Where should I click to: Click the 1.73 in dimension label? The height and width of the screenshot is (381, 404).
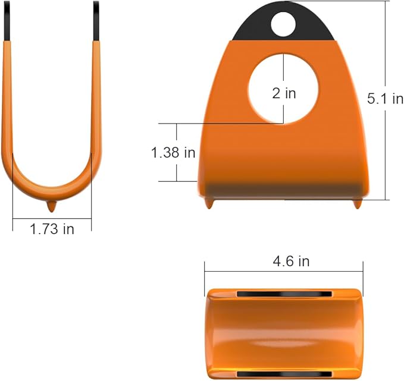pyautogui.click(x=52, y=229)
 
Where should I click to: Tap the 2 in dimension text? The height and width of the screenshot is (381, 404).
pyautogui.click(x=284, y=93)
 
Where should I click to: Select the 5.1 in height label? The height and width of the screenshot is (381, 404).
pyautogui.click(x=385, y=98)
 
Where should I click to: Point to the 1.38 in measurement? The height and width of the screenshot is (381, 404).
pyautogui.click(x=173, y=152)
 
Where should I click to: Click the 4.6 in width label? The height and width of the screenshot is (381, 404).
pyautogui.click(x=291, y=262)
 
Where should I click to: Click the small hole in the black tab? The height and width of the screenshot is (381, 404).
pyautogui.click(x=283, y=24)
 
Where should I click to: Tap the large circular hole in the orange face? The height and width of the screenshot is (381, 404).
pyautogui.click(x=283, y=89)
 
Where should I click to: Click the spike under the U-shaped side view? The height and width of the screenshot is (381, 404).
pyautogui.click(x=52, y=206)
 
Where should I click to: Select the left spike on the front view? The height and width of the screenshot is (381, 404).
pyautogui.click(x=209, y=203)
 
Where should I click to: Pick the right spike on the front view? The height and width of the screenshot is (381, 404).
pyautogui.click(x=357, y=203)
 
